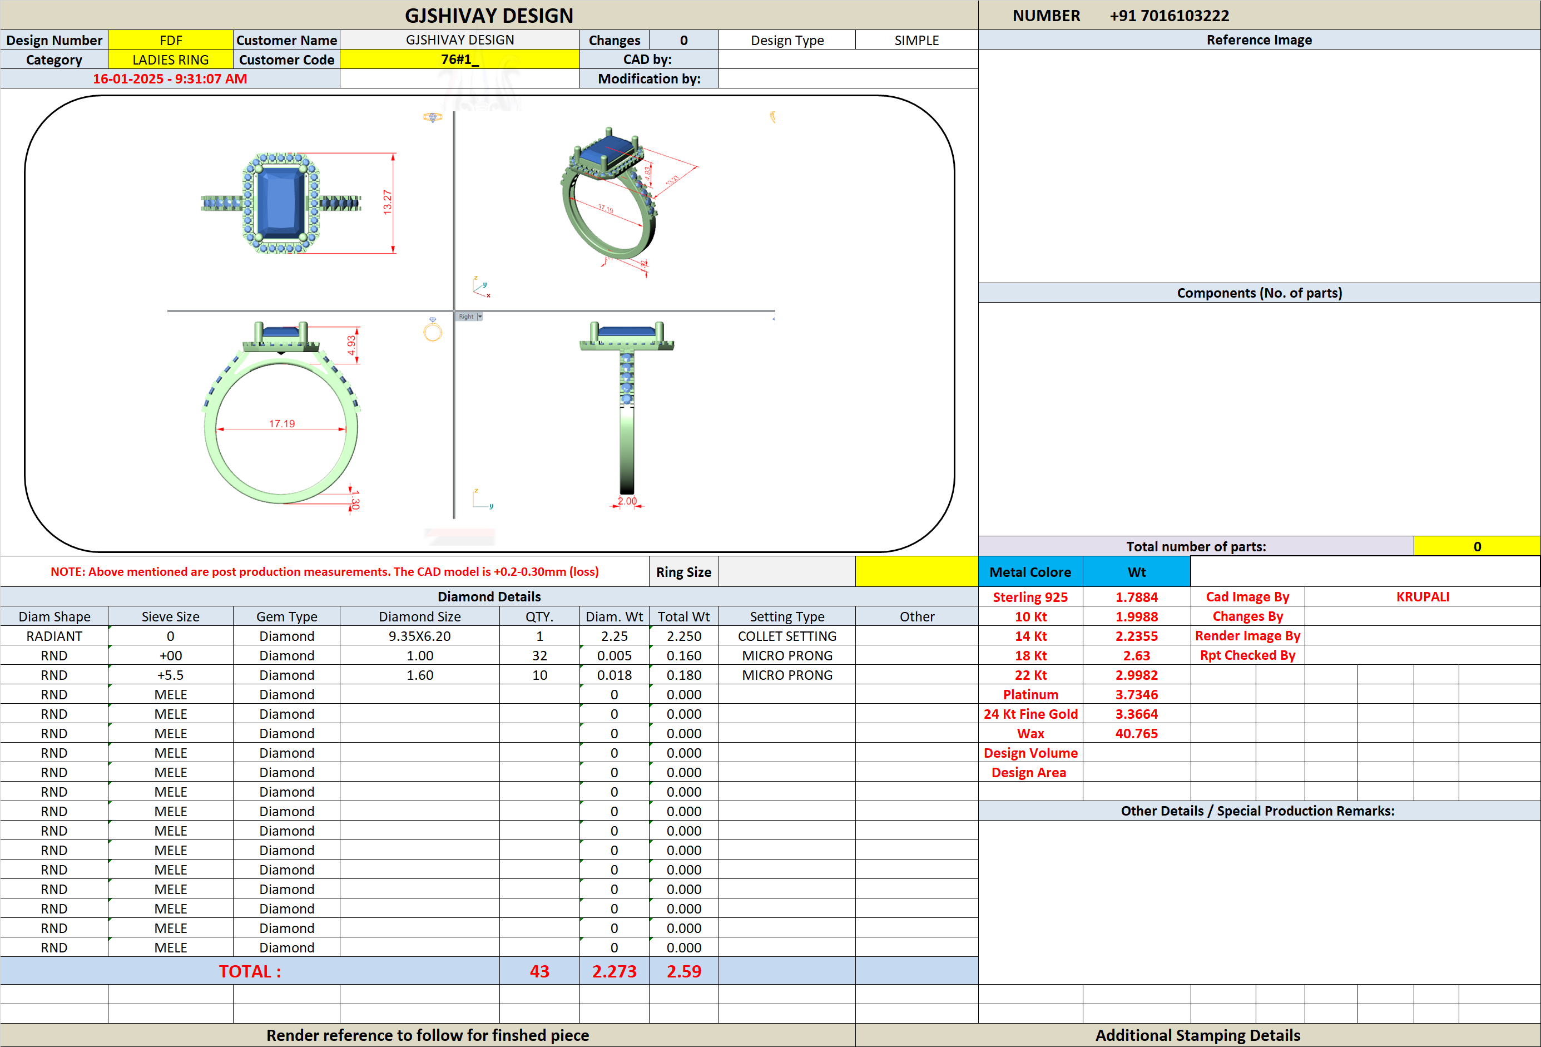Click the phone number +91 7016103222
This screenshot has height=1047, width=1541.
point(1169,15)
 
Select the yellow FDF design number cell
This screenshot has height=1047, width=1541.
point(170,40)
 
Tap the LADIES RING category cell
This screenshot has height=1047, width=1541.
point(170,60)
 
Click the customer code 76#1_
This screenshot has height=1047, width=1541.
point(459,60)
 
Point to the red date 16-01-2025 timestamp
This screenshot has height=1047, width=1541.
point(170,79)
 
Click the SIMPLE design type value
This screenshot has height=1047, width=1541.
point(916,40)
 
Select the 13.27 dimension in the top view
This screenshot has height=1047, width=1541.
point(387,202)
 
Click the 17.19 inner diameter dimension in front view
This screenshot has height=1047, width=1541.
point(282,423)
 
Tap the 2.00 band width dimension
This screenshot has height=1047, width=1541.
point(627,501)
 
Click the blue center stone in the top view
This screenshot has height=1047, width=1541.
point(280,203)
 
